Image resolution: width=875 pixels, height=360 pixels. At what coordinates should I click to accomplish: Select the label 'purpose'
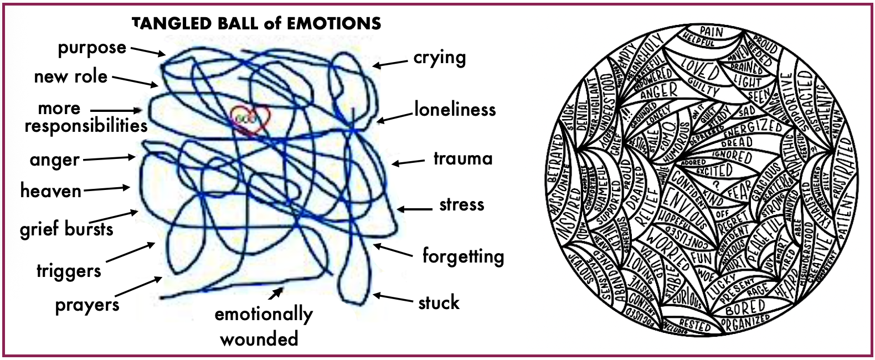(92, 48)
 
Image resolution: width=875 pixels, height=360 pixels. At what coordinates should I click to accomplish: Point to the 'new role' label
(71, 76)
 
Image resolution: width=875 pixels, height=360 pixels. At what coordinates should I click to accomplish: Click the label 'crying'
(439, 58)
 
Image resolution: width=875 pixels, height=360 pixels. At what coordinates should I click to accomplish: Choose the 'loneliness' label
(455, 110)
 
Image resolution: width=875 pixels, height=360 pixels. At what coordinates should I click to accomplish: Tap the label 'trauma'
(463, 159)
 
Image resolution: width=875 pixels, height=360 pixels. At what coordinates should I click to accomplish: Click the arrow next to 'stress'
(415, 209)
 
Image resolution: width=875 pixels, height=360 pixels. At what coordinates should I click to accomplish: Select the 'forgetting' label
(463, 256)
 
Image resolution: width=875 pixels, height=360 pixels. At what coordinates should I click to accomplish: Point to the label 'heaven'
(51, 191)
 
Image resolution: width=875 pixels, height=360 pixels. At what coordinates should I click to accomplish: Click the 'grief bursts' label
(66, 229)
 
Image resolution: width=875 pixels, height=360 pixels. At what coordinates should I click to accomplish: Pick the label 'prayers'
(87, 305)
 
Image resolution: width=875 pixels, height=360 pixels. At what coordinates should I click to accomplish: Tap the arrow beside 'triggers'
(131, 252)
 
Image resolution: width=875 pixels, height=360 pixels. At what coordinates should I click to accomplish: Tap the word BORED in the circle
(745, 307)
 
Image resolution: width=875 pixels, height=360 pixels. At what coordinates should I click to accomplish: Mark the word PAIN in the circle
(711, 32)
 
